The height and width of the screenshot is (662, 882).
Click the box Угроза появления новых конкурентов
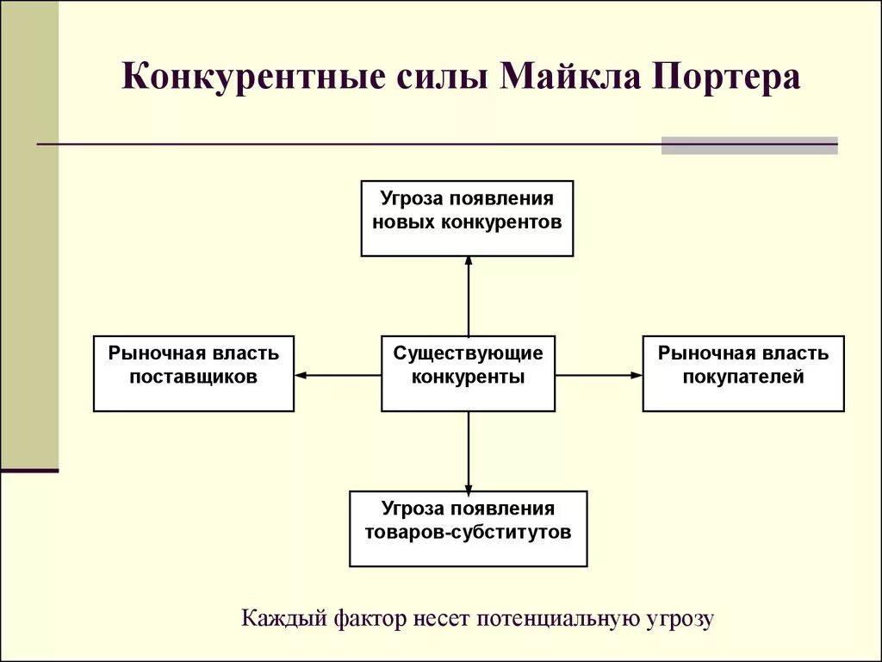[x=467, y=218]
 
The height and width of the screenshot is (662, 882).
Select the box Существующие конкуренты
[x=468, y=373]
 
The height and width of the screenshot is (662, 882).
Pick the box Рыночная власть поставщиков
[x=194, y=373]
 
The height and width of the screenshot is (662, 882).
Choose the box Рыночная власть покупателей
[x=742, y=373]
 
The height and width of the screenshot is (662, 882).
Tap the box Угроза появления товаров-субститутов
[x=468, y=528]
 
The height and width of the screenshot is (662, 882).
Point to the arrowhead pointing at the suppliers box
[x=301, y=375]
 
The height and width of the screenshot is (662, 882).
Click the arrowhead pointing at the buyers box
[x=637, y=375]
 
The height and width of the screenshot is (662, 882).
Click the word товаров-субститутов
[x=468, y=532]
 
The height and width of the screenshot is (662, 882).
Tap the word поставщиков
[x=194, y=377]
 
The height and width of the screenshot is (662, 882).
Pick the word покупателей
[x=743, y=377]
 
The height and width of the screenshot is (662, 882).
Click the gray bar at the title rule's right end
[x=749, y=145]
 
